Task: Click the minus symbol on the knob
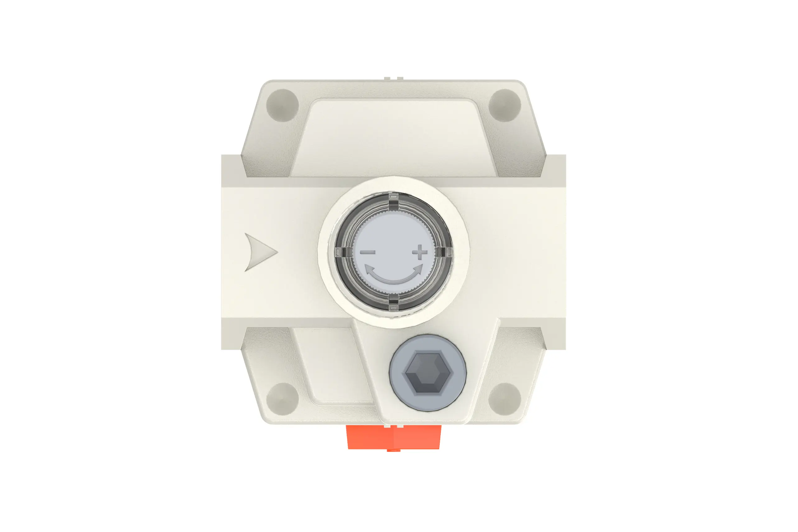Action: coord(367,252)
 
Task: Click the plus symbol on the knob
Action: coord(420,252)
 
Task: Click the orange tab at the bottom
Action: coord(393,437)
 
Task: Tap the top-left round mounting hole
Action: coord(282,105)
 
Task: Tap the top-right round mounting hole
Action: coord(504,105)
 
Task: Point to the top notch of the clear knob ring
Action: coord(393,200)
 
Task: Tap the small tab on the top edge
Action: coord(393,78)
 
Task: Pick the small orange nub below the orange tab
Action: coord(393,450)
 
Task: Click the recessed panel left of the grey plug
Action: coord(332,366)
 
